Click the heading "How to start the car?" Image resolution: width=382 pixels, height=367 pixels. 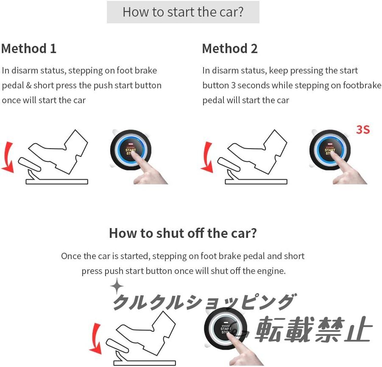point(183,12)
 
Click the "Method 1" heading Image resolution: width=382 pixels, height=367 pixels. point(29,48)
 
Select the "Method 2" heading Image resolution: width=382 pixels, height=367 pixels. point(230,48)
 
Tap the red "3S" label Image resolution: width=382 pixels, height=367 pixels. point(363,130)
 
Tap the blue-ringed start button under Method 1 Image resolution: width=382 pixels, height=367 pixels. point(131,150)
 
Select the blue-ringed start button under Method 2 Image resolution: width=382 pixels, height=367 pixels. point(330,150)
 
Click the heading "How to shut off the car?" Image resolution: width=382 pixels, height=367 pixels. point(183,233)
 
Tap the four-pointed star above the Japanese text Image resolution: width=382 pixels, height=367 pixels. point(117,286)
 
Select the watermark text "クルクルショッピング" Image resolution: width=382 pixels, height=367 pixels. point(205,302)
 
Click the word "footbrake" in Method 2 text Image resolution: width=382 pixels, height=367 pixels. point(362,85)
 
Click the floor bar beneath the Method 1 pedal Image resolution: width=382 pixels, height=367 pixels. point(57,181)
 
